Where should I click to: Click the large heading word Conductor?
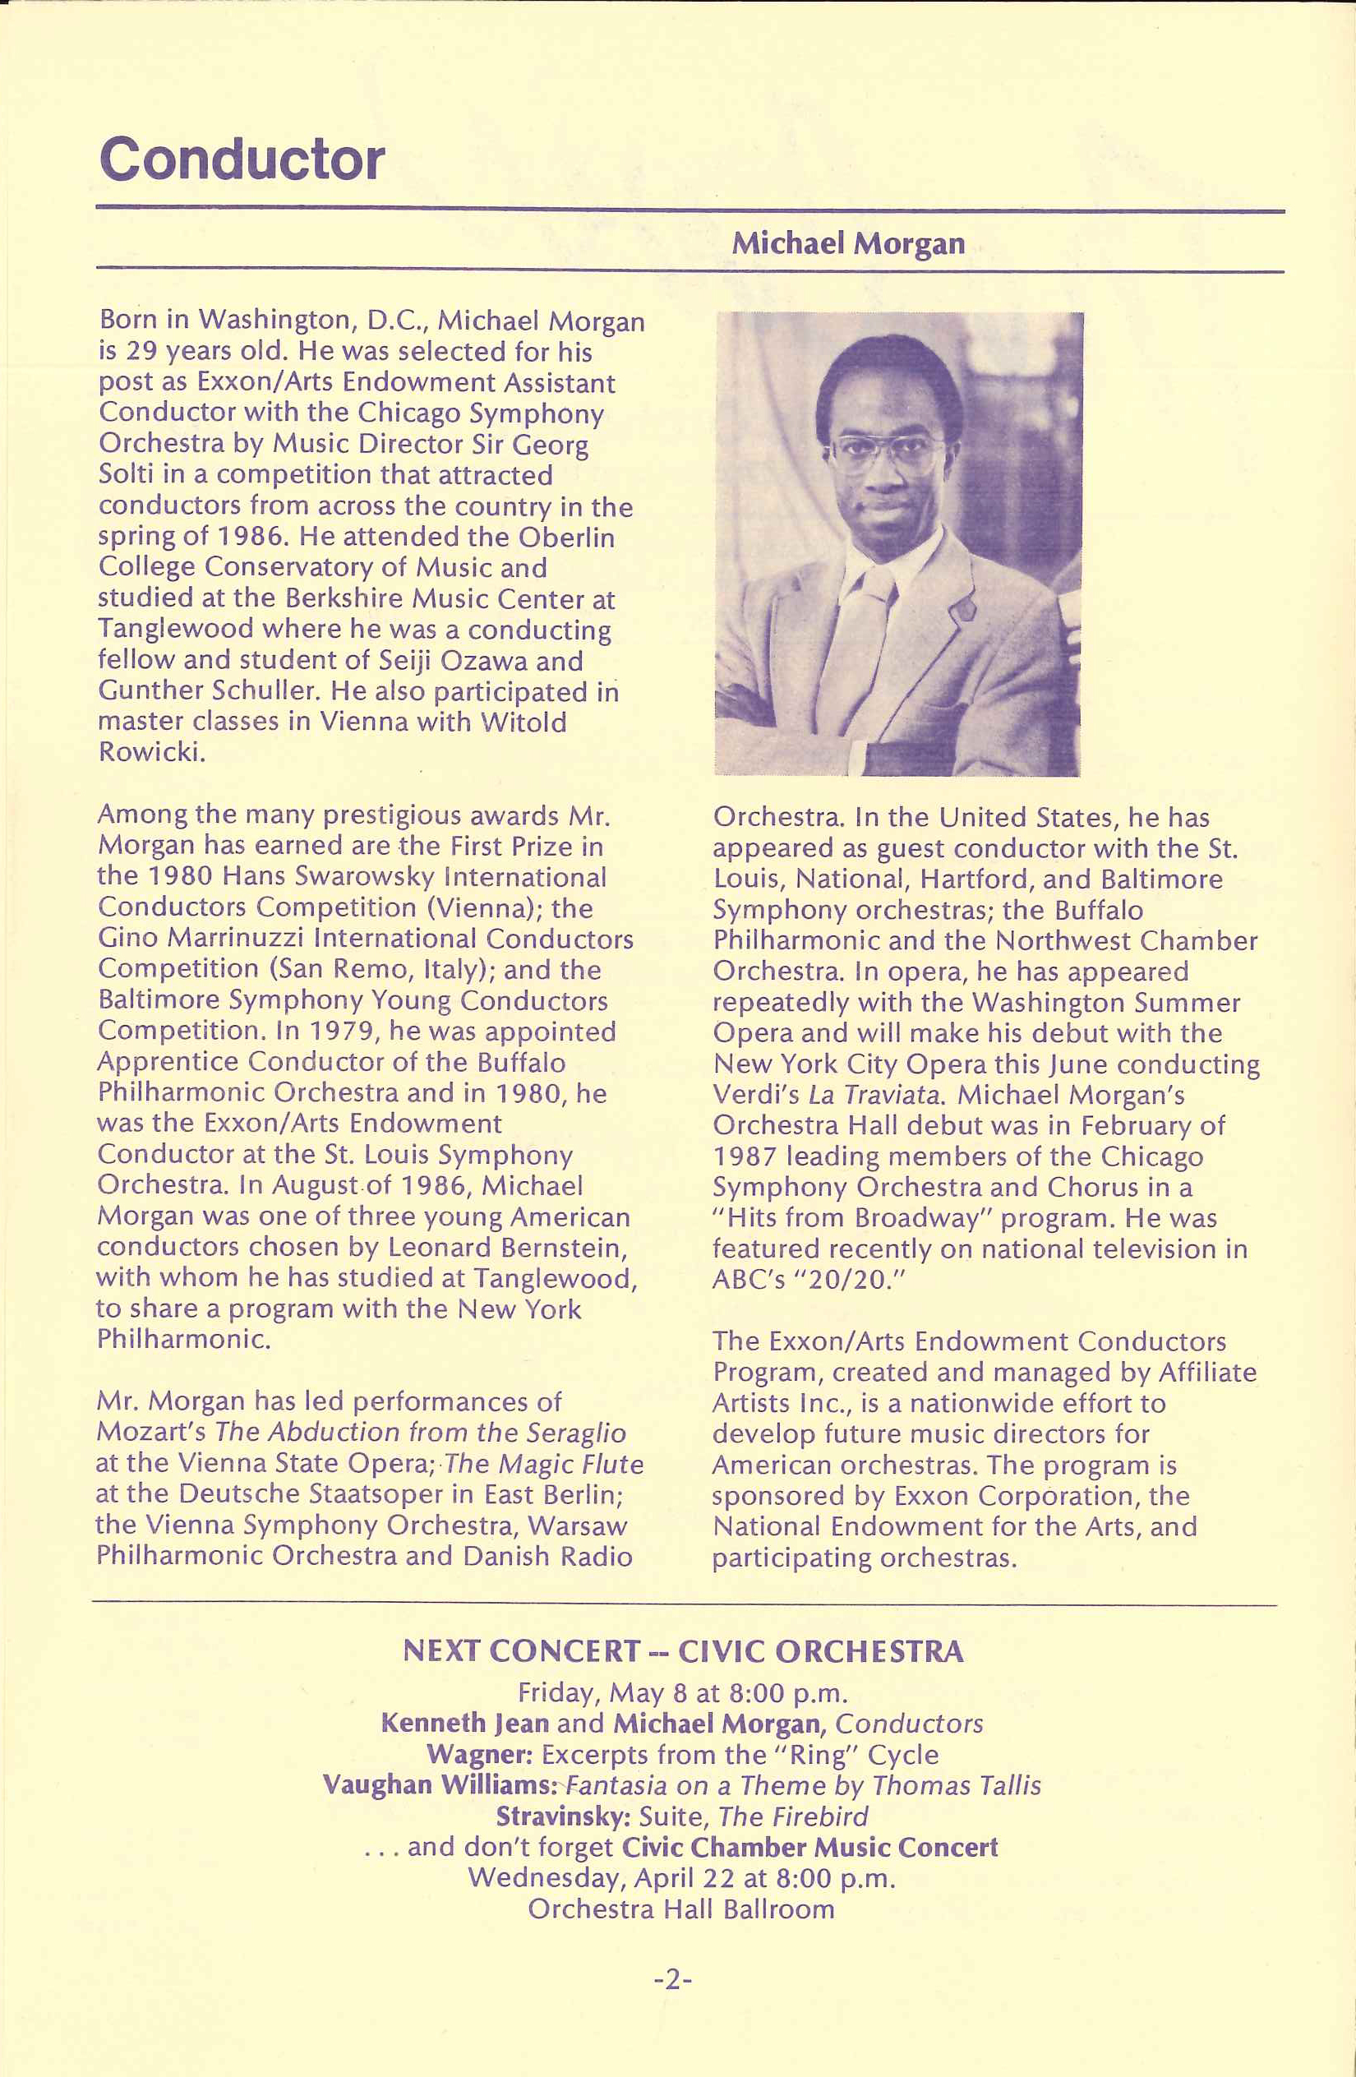click(x=242, y=159)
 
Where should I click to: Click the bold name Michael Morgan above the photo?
click(x=847, y=243)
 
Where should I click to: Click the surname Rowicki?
click(x=150, y=752)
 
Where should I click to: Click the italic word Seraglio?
click(x=577, y=1433)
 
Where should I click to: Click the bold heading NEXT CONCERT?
click(x=521, y=1651)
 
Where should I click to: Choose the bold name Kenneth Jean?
click(x=465, y=1724)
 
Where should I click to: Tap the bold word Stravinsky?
click(x=563, y=1817)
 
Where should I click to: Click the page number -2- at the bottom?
click(x=673, y=1980)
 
